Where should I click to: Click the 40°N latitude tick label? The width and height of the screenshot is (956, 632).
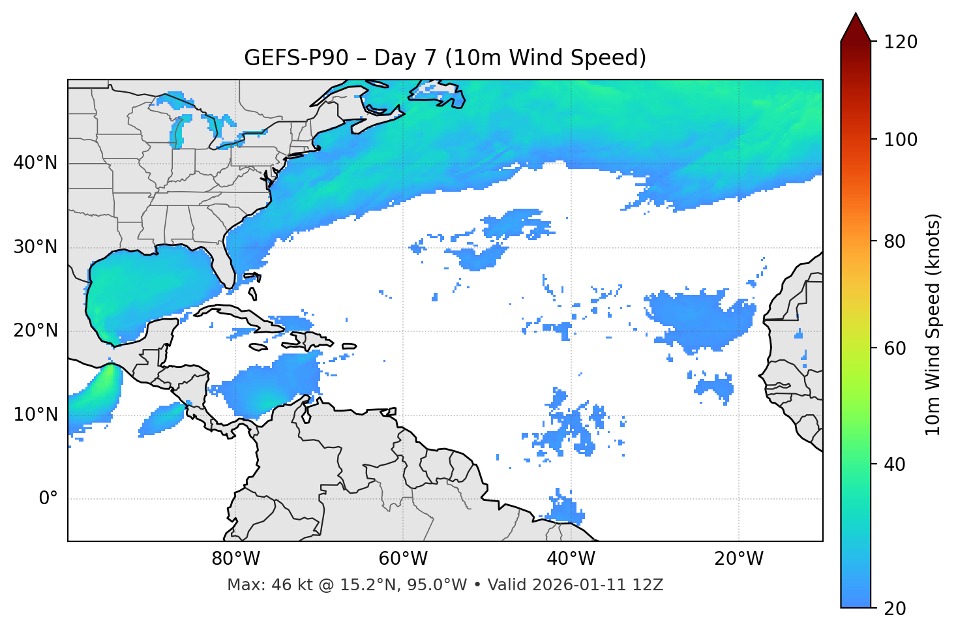pos(35,163)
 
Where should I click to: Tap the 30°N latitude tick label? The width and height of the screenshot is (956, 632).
pos(35,247)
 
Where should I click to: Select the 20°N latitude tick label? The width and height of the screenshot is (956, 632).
pos(35,331)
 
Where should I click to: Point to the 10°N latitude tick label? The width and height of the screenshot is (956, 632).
pos(35,415)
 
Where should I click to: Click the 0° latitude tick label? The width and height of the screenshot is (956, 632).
pos(48,499)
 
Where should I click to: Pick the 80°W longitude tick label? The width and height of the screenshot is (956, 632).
pos(235,559)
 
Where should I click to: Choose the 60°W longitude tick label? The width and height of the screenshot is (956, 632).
pos(403,559)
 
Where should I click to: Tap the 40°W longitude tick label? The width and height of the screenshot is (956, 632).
pos(571,559)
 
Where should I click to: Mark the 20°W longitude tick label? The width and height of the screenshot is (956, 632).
pos(739,559)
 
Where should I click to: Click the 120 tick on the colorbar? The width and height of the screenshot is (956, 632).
pos(901,42)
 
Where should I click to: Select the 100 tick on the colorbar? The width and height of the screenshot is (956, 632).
pos(901,140)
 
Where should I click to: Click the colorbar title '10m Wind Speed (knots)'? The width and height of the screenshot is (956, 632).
pos(933,324)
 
